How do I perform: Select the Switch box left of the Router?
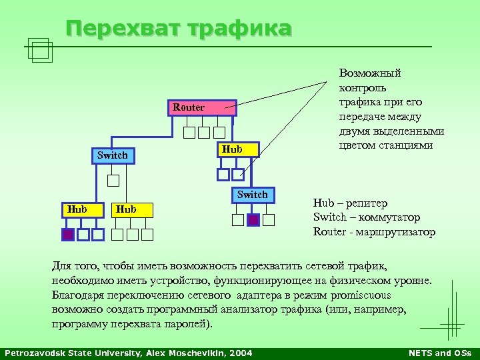point(112,155)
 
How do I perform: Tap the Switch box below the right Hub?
point(253,195)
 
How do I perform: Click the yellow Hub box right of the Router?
point(232,149)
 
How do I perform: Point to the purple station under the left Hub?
point(68,234)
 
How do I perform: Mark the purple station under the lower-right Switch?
point(253,220)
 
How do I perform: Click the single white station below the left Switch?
point(113,180)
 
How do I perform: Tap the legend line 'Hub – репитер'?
point(350,203)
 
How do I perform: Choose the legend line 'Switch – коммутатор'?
point(367,217)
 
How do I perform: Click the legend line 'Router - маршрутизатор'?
point(374,232)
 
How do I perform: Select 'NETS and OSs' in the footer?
point(439,353)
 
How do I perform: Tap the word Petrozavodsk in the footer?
point(33,353)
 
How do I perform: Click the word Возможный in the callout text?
point(370,73)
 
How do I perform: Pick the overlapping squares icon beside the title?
point(41,49)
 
